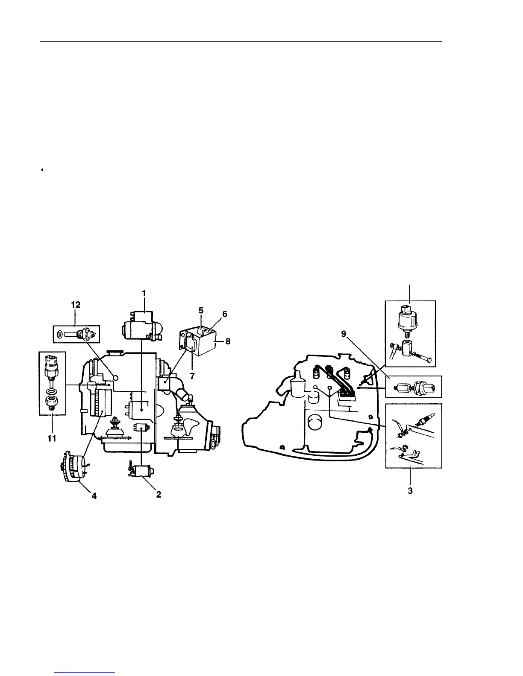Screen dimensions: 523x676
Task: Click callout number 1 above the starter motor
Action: pos(144,293)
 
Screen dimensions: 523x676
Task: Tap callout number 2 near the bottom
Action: pos(158,495)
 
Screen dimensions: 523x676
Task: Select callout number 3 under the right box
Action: pos(410,490)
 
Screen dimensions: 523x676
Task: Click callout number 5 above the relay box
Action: pos(201,311)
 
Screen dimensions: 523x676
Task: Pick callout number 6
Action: pos(225,315)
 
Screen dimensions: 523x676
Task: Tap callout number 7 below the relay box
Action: pos(192,376)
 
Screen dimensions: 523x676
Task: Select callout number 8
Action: pos(228,341)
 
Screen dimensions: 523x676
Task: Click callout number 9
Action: pos(344,334)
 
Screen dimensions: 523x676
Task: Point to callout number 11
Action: pos(52,438)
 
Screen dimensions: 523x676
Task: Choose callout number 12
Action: pos(76,305)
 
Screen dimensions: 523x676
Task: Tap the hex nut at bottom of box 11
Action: pos(51,402)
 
